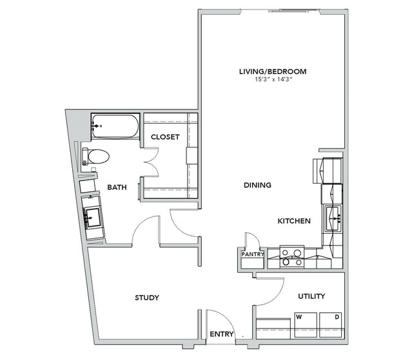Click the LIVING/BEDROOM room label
273,71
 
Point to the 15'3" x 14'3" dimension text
274,79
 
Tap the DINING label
257,185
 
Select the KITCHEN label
294,221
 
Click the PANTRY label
253,254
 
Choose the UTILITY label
311,296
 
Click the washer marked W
306,325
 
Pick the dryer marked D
331,325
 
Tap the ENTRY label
222,334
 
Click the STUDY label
147,298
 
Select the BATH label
117,187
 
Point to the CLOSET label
165,137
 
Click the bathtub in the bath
115,126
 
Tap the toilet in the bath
95,156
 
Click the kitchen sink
333,219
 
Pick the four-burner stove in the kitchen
292,257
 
